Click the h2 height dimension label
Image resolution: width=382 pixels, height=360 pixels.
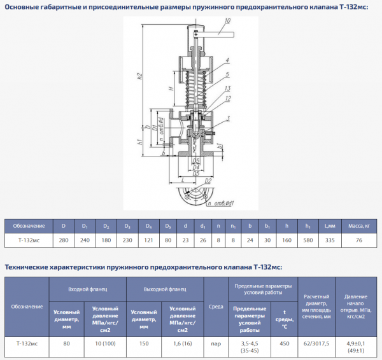pyautogui.click(x=139, y=77)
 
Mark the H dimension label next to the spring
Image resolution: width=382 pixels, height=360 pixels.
pyautogui.click(x=163, y=88)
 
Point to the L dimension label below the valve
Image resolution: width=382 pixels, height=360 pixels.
pyautogui.click(x=183, y=181)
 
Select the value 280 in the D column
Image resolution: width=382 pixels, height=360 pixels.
pyautogui.click(x=63, y=240)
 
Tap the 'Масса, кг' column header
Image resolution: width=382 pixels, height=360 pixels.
pyautogui.click(x=359, y=225)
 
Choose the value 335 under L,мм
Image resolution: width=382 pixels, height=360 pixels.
pyautogui.click(x=330, y=240)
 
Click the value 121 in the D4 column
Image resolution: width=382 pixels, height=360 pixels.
pyautogui.click(x=148, y=240)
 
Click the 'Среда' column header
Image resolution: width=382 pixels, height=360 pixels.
pyautogui.click(x=216, y=307)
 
